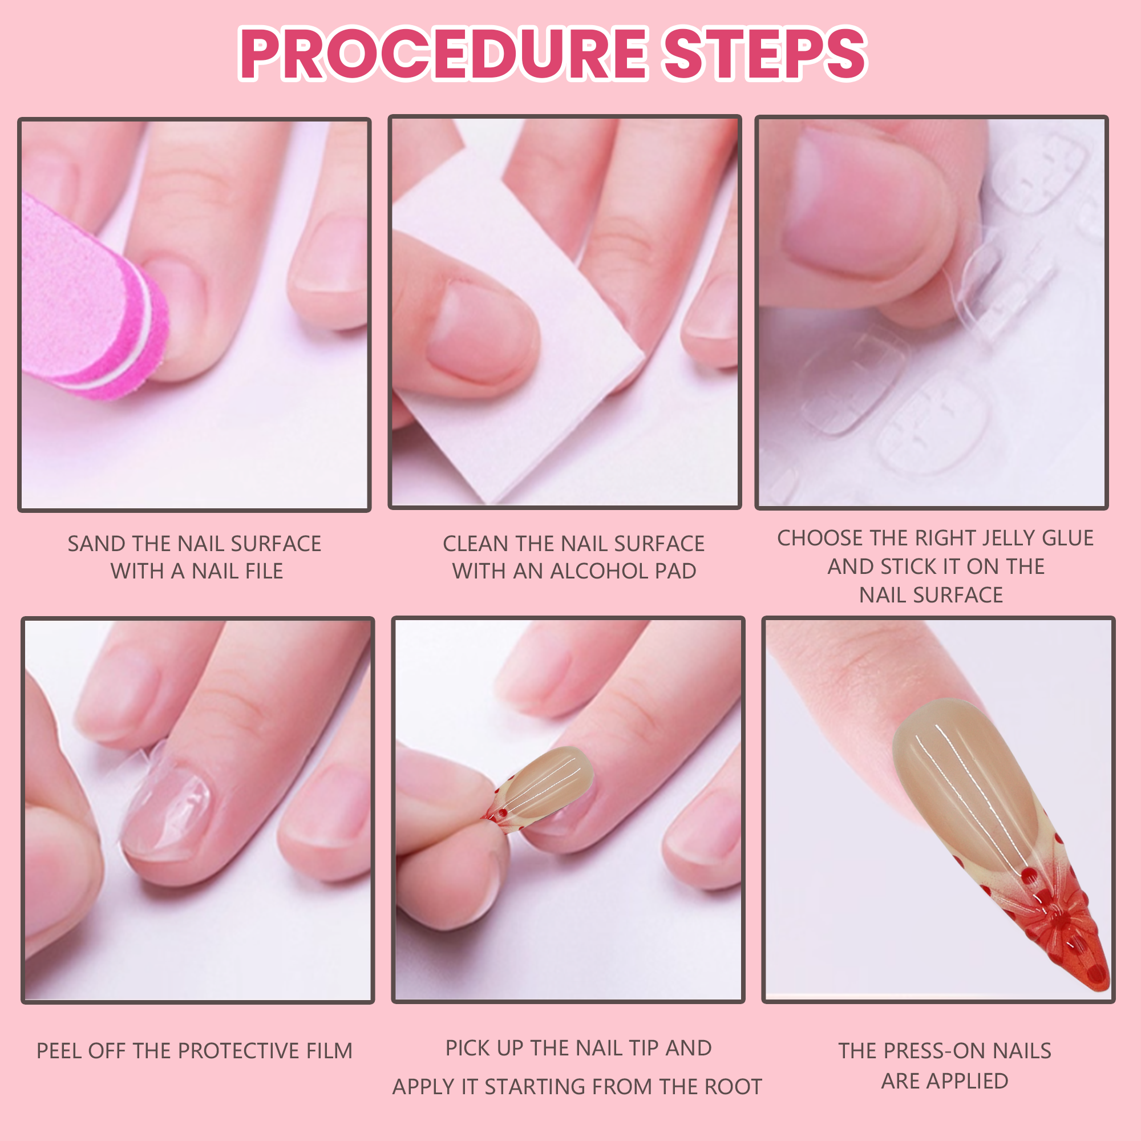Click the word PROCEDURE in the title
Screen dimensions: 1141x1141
[x=443, y=54]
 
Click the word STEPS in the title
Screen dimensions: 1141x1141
[x=766, y=54]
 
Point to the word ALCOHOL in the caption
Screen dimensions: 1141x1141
[x=598, y=571]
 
